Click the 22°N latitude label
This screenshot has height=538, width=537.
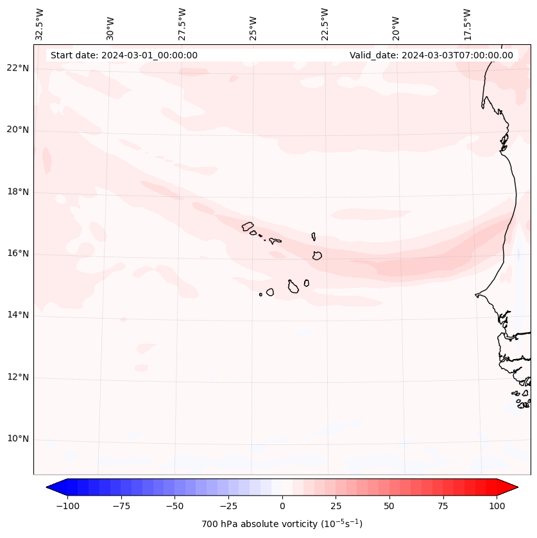[x=17, y=69]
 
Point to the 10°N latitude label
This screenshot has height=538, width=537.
[x=17, y=439]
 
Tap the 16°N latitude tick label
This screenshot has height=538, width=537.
[x=17, y=254]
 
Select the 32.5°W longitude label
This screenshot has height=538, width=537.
[x=40, y=24]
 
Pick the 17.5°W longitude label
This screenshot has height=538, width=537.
[x=467, y=24]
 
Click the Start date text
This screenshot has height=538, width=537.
[x=124, y=55]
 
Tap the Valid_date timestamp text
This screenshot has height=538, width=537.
[x=431, y=55]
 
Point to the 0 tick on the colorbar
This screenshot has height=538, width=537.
[x=282, y=506]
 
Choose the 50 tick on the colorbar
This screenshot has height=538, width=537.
[x=389, y=506]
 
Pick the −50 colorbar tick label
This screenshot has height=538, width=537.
[x=175, y=506]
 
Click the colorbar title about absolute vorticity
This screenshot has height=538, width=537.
[x=282, y=524]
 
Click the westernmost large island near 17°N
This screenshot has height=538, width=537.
[x=248, y=226]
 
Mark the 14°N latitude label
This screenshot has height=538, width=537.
[x=17, y=315]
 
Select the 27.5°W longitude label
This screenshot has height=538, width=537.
[x=182, y=24]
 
